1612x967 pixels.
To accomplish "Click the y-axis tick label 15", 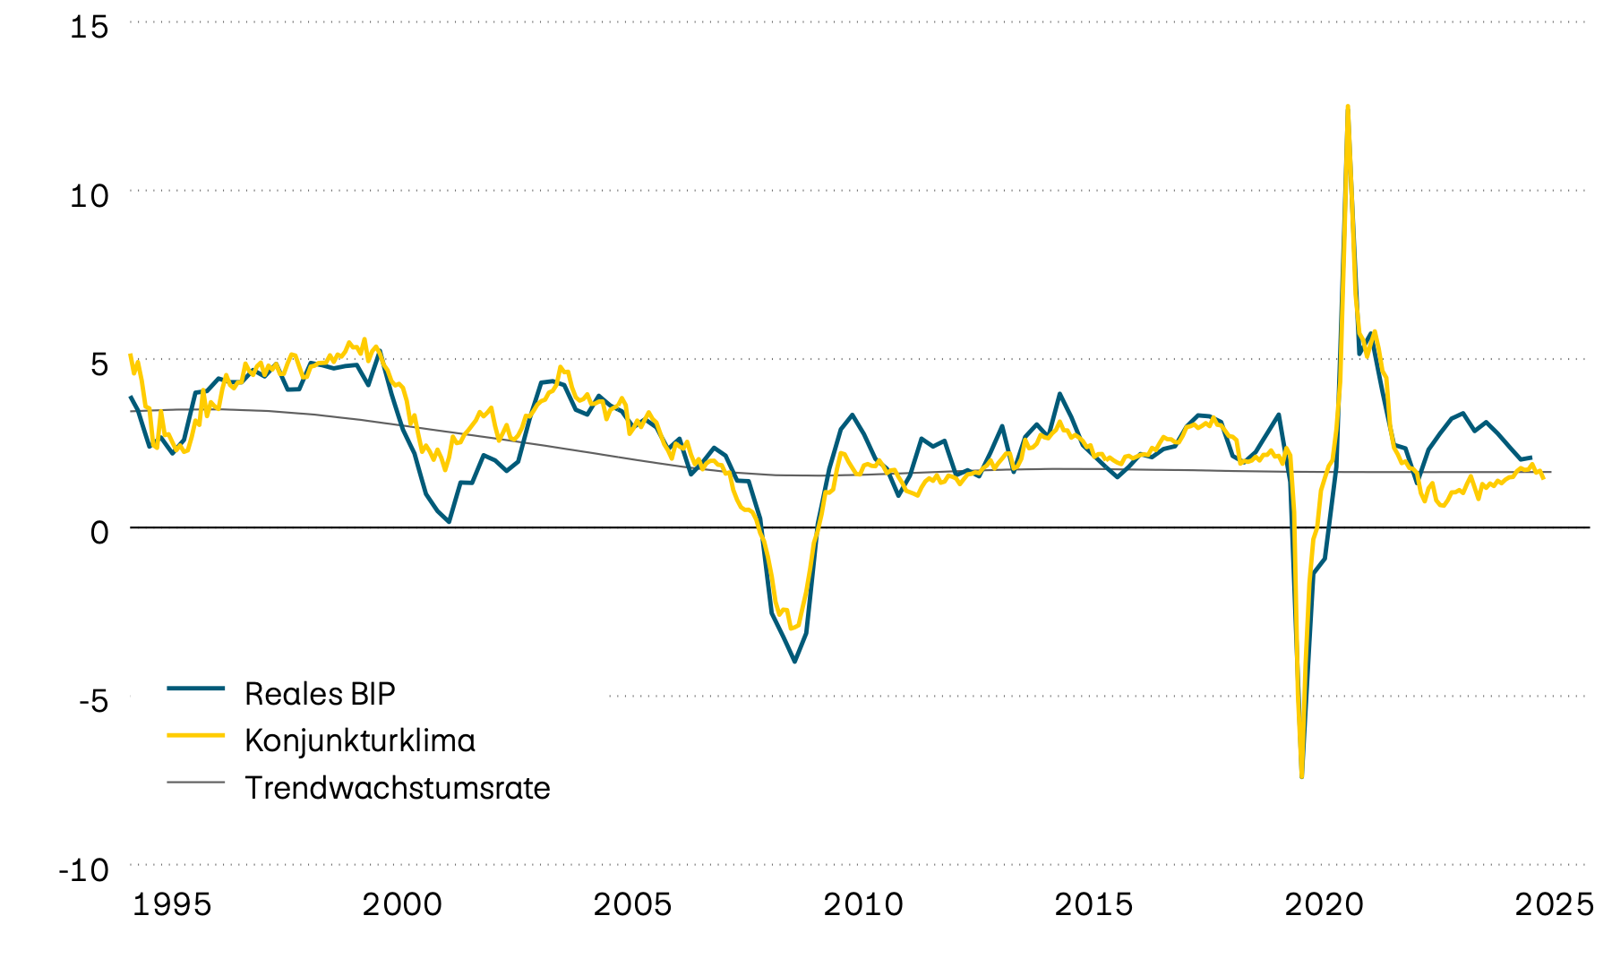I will [x=90, y=27].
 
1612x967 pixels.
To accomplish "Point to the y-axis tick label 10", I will [x=90, y=195].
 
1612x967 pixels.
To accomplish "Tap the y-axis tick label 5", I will [x=99, y=364].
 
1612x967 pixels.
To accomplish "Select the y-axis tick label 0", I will [x=99, y=532].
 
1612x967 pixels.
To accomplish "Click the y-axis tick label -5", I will [x=93, y=700].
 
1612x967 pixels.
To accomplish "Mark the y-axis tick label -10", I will [x=84, y=869].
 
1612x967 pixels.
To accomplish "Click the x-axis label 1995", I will [x=172, y=904].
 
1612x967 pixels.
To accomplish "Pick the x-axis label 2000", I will [x=402, y=904].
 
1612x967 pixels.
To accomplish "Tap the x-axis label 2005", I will [x=632, y=904].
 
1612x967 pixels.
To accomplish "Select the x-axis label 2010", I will [x=863, y=904].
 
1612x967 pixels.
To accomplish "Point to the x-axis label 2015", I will [x=1093, y=904].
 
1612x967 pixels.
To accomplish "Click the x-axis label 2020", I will [x=1324, y=904].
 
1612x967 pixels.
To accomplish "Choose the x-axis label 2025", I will [x=1554, y=904].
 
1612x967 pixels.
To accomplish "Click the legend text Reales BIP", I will [x=320, y=694].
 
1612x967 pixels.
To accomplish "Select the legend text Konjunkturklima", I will [x=360, y=740].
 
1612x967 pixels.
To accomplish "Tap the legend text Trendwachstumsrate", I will [x=398, y=788].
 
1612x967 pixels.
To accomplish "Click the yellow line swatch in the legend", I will [x=195, y=735].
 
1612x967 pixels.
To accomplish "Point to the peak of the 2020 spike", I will [x=1348, y=107].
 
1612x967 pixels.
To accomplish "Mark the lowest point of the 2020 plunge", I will [x=1301, y=775].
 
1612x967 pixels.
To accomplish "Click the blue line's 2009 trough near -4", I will [x=794, y=662].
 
